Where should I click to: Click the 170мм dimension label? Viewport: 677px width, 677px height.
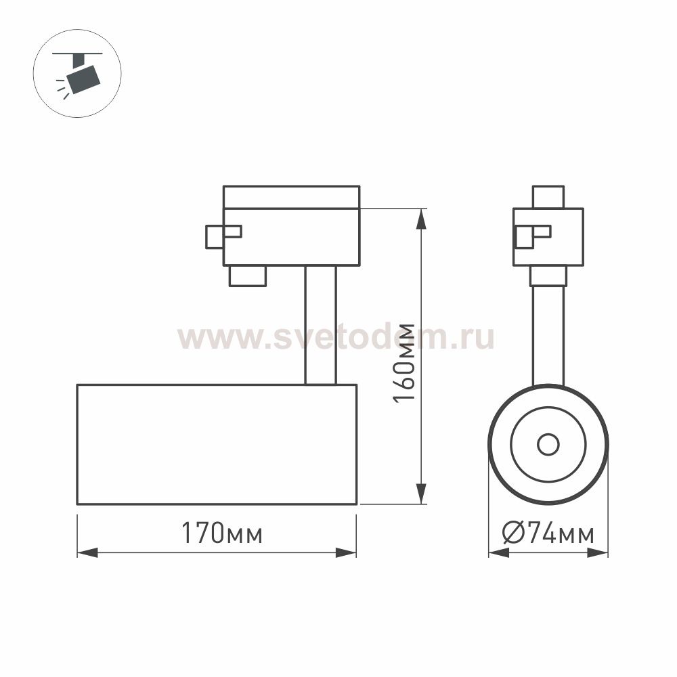[x=221, y=534]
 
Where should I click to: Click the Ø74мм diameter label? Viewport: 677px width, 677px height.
[x=548, y=534]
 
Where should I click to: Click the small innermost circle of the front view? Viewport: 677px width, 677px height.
[x=548, y=445]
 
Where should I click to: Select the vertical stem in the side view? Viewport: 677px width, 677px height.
[x=320, y=325]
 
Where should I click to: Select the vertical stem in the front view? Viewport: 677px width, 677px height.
[x=548, y=335]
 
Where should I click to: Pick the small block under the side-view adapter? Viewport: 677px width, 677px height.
[x=247, y=276]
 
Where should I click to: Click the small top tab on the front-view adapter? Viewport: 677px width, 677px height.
[x=548, y=197]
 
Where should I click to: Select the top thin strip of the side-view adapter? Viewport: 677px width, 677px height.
[x=291, y=197]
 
